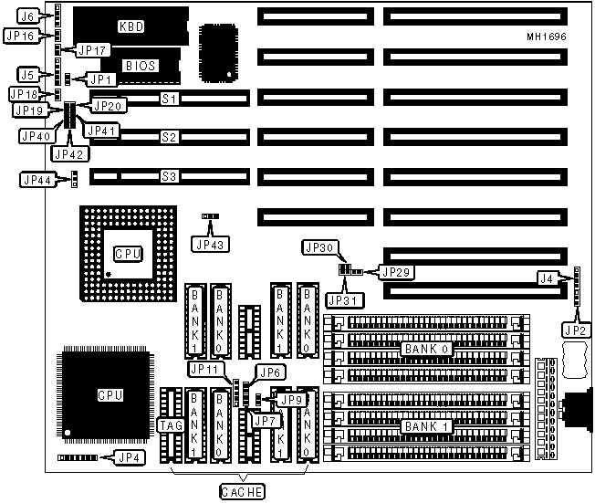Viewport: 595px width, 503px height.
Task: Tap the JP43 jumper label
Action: coord(211,243)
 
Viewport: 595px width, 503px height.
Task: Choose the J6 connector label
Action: coord(28,16)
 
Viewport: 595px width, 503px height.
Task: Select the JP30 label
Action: coord(319,247)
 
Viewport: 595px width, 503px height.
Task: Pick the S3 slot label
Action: coord(169,175)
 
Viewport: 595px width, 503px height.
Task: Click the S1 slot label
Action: coord(169,97)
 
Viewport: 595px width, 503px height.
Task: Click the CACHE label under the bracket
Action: coord(242,492)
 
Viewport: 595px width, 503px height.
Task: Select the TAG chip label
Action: coord(170,424)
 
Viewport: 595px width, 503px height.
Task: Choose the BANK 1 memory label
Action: coord(424,426)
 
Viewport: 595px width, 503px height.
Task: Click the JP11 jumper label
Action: coord(206,369)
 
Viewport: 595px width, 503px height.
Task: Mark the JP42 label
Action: coord(68,153)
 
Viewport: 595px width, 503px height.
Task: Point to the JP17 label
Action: coord(92,50)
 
